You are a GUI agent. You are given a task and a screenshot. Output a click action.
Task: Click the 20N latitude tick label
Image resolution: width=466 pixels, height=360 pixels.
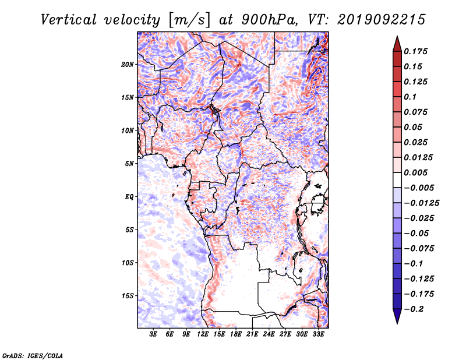tap(128, 65)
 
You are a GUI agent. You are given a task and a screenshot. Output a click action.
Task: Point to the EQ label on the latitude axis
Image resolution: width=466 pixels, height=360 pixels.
tap(129, 197)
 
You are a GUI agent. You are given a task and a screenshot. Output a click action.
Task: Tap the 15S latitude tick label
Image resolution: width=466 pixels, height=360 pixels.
tap(128, 296)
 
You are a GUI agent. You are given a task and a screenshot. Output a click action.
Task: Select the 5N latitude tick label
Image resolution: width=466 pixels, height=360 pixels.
tap(129, 164)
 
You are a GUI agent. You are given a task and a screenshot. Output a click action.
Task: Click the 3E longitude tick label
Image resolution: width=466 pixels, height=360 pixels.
tap(153, 334)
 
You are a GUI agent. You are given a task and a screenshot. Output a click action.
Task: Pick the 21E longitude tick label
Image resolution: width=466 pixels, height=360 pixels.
tap(252, 334)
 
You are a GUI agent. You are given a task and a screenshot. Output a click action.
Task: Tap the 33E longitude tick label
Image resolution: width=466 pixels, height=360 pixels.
tap(318, 334)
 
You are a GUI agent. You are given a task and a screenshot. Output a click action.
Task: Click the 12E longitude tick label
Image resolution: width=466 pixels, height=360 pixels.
tap(203, 334)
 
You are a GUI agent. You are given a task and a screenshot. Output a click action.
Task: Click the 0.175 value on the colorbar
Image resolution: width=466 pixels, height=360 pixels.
tap(415, 51)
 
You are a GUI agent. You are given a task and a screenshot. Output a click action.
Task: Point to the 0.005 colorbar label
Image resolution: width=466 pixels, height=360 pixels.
tap(415, 172)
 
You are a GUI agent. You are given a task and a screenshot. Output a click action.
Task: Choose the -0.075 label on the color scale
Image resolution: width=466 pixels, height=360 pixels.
tap(419, 249)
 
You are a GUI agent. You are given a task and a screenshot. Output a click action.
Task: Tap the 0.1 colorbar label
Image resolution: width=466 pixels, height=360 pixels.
tap(410, 97)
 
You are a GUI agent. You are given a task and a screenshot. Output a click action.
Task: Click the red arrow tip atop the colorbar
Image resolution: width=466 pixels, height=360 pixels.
tap(397, 36)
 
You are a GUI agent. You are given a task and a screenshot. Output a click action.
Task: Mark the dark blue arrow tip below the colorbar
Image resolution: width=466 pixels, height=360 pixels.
tap(397, 323)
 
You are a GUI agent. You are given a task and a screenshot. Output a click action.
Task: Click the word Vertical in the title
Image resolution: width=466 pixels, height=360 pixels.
tap(68, 20)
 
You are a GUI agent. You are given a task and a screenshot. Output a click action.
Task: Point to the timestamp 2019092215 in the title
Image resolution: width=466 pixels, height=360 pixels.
tap(382, 20)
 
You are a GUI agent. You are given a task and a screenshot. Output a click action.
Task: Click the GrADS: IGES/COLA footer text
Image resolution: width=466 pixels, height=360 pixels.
tap(33, 356)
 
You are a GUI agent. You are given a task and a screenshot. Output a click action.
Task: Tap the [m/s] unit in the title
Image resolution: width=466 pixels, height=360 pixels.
tap(189, 20)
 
